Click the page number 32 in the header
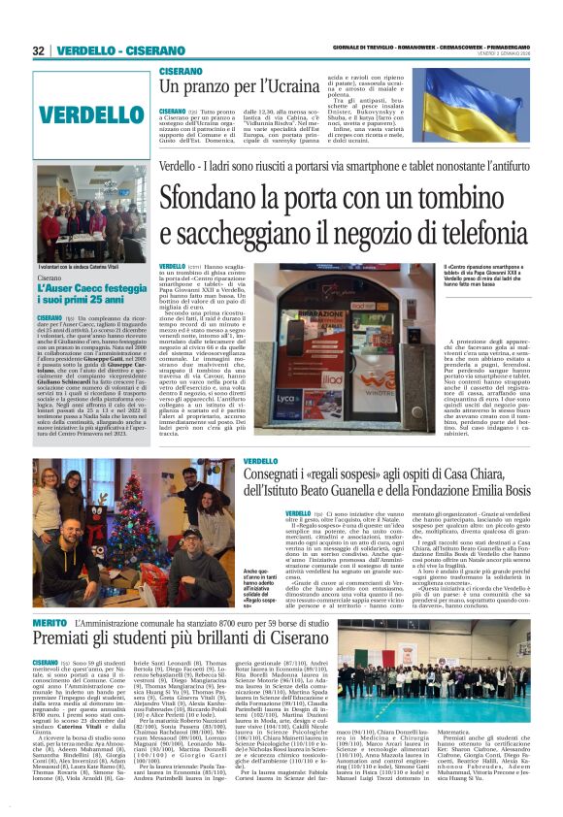(38, 50)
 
